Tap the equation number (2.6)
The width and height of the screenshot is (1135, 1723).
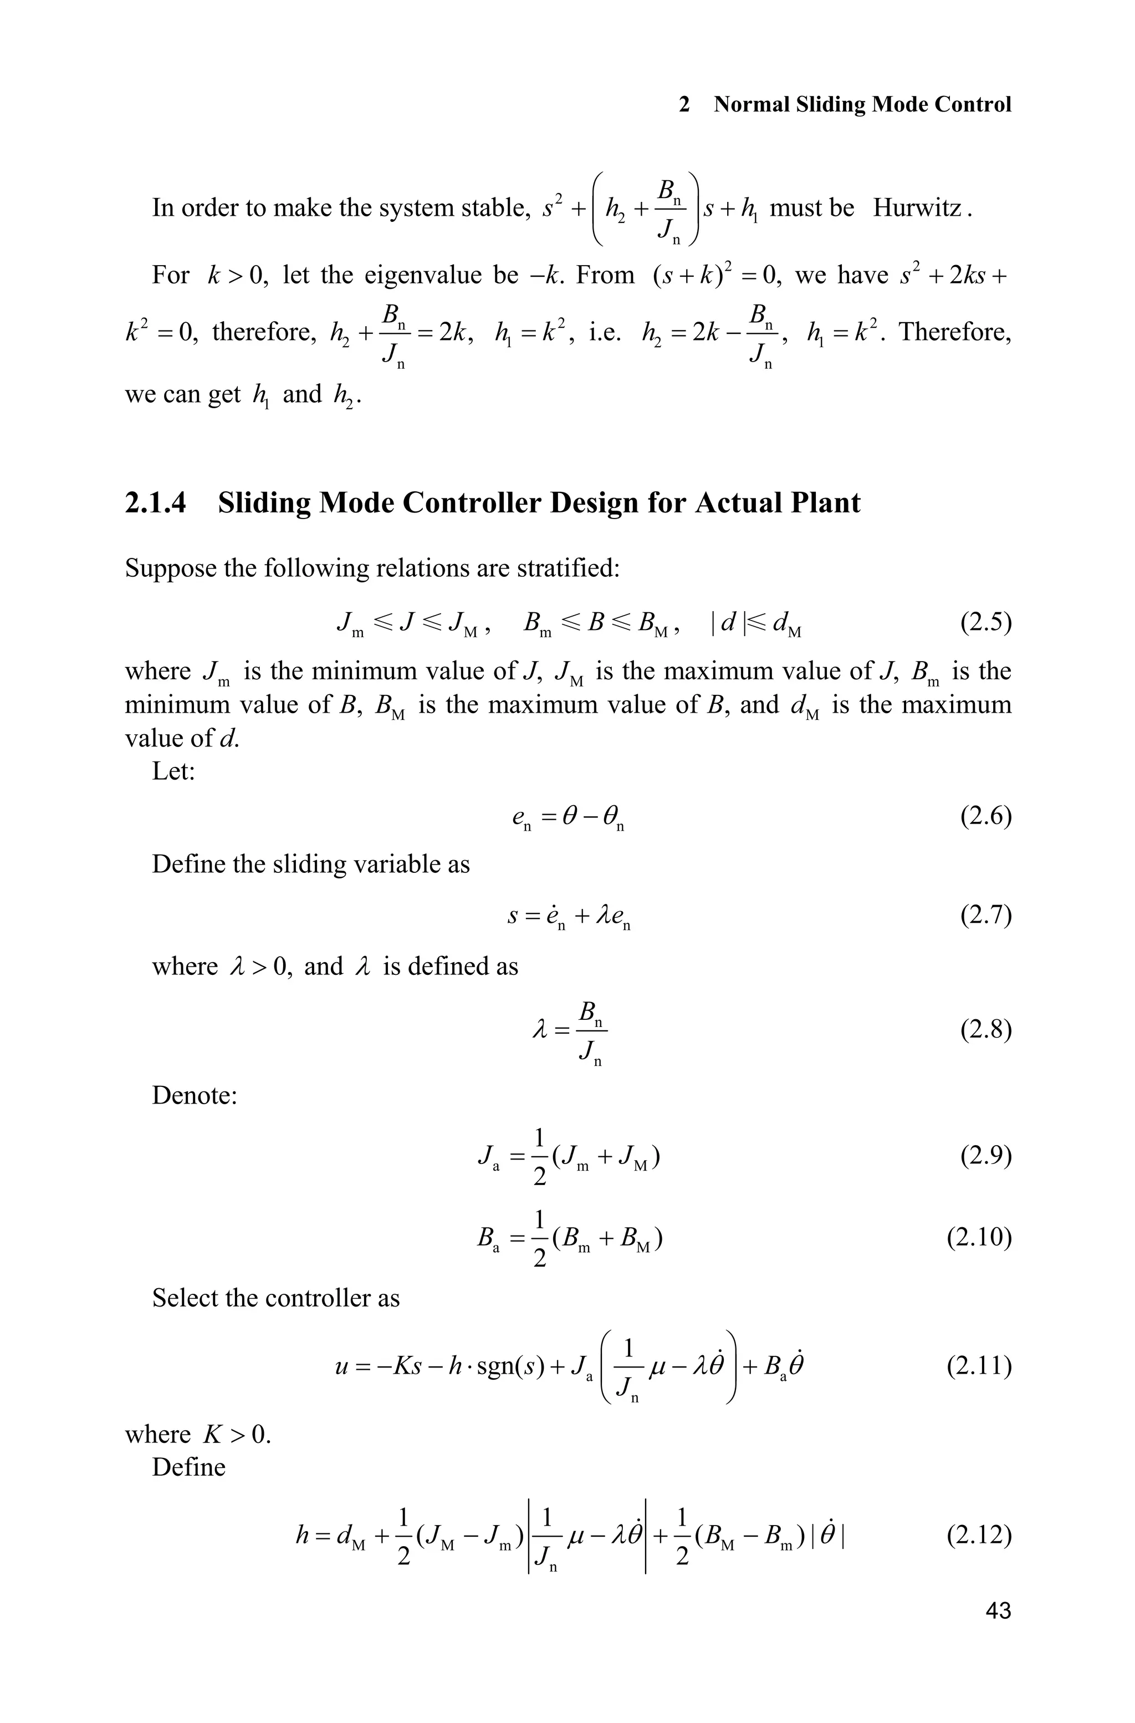tap(985, 816)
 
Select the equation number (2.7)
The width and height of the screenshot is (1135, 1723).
tap(985, 916)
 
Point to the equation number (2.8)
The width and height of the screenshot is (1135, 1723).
tap(985, 1029)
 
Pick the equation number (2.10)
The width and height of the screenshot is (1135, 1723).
tap(979, 1237)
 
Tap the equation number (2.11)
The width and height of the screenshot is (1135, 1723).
tap(979, 1366)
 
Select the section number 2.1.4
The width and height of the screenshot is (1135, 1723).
tap(155, 502)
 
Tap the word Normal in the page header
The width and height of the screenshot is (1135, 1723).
tap(752, 104)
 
